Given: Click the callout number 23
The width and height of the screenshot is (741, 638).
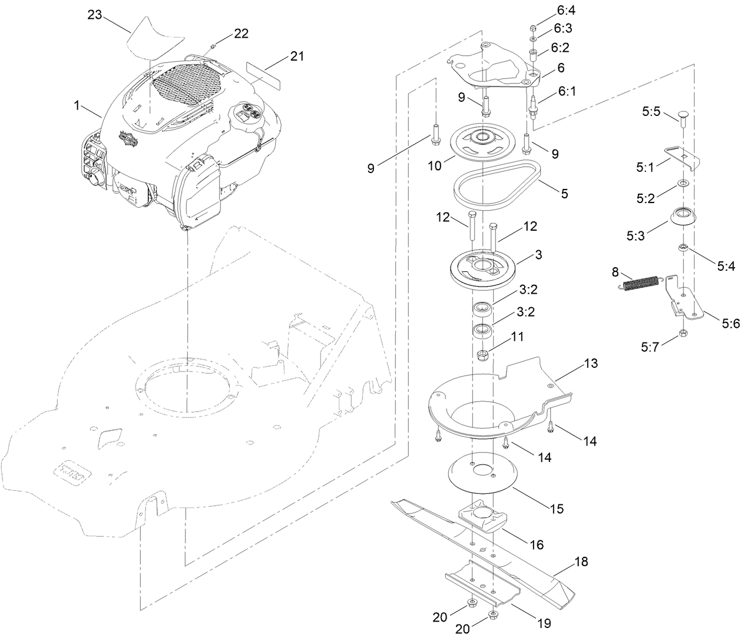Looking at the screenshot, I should (x=95, y=15).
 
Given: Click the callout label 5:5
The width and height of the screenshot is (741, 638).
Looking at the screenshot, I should (x=650, y=110).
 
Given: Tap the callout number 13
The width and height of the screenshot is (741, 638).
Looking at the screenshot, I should (x=591, y=364).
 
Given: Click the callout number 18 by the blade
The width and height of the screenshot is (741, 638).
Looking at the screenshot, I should (x=581, y=562).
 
